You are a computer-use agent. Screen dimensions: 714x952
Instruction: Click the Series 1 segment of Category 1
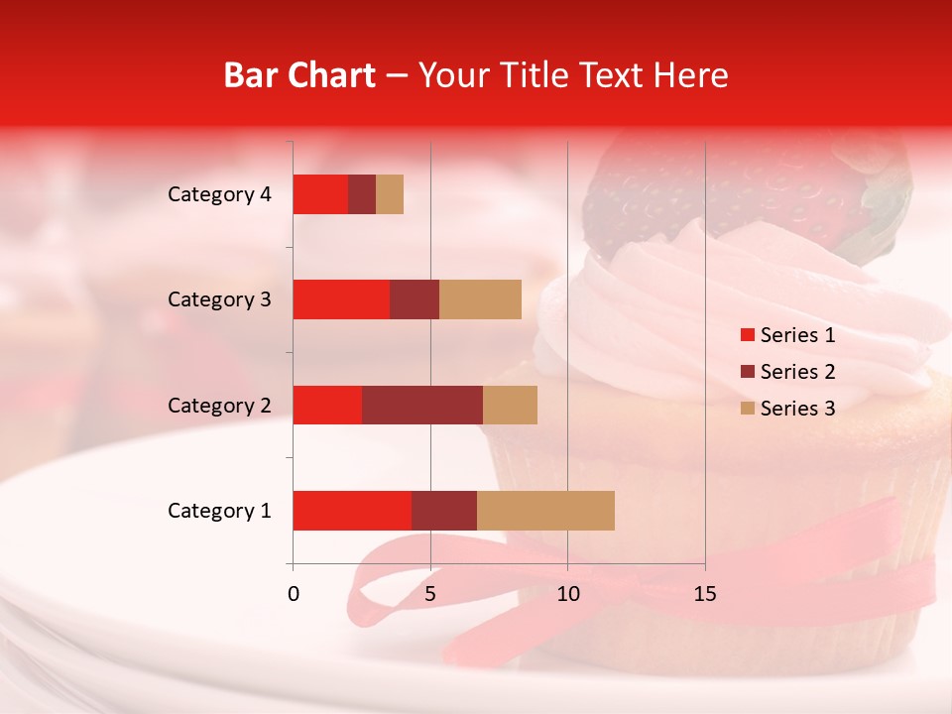pyautogui.click(x=352, y=511)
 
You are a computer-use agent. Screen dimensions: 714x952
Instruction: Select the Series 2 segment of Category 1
pyautogui.click(x=444, y=511)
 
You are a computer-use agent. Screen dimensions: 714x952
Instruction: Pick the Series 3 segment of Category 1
pyautogui.click(x=545, y=511)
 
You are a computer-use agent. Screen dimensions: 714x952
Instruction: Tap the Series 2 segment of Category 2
pyautogui.click(x=422, y=405)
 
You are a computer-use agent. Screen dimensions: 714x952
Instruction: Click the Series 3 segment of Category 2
pyautogui.click(x=510, y=405)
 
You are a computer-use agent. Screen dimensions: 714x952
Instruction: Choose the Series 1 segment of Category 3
pyautogui.click(x=341, y=299)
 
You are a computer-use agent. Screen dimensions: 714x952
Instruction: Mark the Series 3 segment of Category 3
pyautogui.click(x=480, y=299)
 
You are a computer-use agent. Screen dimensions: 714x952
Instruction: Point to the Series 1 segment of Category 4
pyautogui.click(x=320, y=194)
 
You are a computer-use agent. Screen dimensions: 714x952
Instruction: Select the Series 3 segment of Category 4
pyautogui.click(x=390, y=194)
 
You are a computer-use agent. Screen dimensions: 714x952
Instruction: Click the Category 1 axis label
pyautogui.click(x=219, y=511)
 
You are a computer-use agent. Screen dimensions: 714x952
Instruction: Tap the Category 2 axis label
pyautogui.click(x=219, y=406)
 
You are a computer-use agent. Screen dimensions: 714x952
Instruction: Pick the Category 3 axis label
pyautogui.click(x=219, y=299)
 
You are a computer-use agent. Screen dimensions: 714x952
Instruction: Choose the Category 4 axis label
pyautogui.click(x=219, y=194)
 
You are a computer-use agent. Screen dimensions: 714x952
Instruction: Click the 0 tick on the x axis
pyautogui.click(x=294, y=594)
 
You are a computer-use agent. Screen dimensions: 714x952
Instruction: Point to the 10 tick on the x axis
pyautogui.click(x=567, y=594)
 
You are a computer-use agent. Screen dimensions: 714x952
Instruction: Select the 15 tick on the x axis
pyautogui.click(x=705, y=594)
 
